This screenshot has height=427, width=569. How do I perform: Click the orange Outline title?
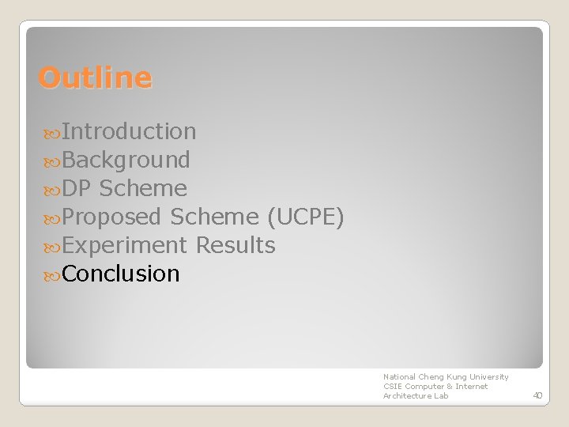tap(95, 78)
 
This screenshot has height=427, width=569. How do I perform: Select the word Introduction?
tap(129, 131)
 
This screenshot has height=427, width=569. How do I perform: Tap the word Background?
tap(126, 160)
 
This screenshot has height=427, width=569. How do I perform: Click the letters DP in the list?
tap(77, 188)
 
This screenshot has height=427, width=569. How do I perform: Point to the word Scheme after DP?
tap(143, 188)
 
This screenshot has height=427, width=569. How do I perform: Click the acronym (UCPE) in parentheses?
tap(305, 217)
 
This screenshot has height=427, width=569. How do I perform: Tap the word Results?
tap(236, 245)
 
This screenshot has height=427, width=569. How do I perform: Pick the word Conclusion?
tap(121, 274)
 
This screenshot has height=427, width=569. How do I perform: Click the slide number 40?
tap(537, 395)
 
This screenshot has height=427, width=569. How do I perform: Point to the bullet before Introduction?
tap(52, 132)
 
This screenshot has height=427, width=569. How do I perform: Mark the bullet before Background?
tap(52, 161)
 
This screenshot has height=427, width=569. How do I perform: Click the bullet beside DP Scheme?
tap(52, 189)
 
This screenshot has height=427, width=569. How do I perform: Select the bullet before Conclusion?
tap(52, 274)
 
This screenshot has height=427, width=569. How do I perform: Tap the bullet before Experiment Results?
tap(52, 246)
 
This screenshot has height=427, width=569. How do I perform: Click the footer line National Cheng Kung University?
tap(446, 377)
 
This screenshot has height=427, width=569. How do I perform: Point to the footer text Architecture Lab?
tap(416, 395)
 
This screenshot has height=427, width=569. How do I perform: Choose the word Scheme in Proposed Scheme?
tap(214, 217)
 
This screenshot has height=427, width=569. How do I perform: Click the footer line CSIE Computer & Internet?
tap(435, 386)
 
